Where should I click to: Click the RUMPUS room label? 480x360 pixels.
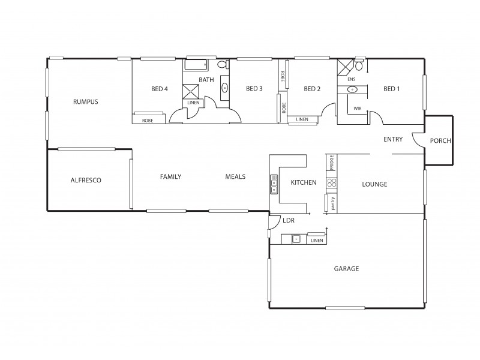click(86, 101)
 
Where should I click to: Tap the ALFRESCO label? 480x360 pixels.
click(85, 180)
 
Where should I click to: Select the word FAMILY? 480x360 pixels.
click(170, 176)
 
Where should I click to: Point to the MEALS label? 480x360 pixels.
click(235, 176)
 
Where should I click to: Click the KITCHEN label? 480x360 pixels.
click(304, 182)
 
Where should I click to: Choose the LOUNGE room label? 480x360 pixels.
click(374, 184)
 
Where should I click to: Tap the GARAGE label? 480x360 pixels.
click(346, 269)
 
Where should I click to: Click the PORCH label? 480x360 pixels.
click(440, 142)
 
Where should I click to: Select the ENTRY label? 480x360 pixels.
click(393, 140)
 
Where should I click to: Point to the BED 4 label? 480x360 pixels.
click(160, 89)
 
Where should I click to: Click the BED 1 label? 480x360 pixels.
click(391, 89)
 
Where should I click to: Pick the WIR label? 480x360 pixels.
click(358, 109)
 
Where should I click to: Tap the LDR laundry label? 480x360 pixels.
click(289, 221)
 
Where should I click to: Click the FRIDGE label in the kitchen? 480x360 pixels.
click(331, 163)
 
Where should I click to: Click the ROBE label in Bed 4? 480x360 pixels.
click(147, 121)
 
